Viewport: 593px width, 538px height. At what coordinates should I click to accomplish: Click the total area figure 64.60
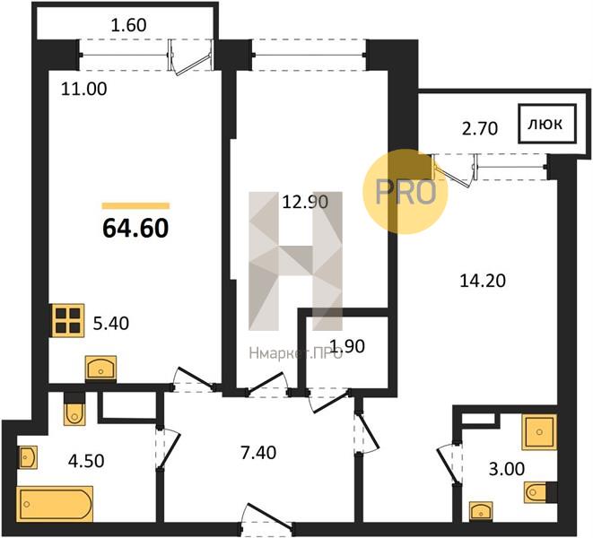pos(135,229)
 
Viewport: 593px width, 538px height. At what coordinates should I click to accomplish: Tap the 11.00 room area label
pos(84,90)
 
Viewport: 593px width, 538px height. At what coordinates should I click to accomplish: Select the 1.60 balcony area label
pos(129,25)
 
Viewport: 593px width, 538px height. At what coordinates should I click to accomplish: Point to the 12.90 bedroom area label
pos(305,202)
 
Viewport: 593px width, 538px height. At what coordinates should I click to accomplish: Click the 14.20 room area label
pos(483,281)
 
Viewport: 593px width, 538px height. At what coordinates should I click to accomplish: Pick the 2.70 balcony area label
pos(480,129)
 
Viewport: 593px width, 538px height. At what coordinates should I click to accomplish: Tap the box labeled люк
pos(547,124)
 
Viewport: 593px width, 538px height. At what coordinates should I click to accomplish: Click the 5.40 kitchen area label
pos(111,324)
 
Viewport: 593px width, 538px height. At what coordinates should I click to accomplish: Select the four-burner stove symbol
pos(68,320)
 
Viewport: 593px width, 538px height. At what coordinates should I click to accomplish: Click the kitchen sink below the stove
pos(100,368)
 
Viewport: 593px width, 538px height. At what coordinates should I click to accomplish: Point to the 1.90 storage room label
pos(347,346)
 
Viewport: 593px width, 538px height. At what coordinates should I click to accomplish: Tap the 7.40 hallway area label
pos(258,453)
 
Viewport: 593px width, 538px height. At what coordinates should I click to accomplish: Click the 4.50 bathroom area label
pos(86,461)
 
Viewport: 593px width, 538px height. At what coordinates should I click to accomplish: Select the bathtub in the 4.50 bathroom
pos(55,504)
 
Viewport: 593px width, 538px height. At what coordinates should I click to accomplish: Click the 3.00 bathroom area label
pos(507,469)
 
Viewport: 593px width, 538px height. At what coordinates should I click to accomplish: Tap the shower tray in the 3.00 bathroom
pos(539,432)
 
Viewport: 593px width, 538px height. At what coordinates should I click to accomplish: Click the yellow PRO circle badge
pos(406,191)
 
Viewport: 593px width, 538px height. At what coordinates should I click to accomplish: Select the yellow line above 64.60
pos(135,205)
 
